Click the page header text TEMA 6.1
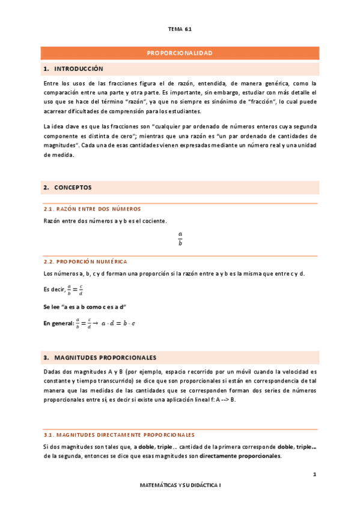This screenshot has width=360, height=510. coord(180,28)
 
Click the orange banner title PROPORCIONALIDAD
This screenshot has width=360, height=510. coord(180,54)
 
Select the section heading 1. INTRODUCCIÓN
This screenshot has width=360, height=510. coord(74,69)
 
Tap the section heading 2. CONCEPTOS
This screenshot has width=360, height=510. coord(68,188)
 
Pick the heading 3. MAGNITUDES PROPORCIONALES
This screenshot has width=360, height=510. coord(100,357)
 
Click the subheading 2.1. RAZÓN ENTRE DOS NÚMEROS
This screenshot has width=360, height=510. coord(92,209)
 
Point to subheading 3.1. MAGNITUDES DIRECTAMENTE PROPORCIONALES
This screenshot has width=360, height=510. coord(119,434)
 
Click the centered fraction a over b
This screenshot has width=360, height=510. coord(180,239)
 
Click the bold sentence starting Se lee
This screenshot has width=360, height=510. coord(80,307)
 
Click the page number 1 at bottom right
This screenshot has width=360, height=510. coord(314,475)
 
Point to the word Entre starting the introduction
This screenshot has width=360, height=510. coord(52,83)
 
